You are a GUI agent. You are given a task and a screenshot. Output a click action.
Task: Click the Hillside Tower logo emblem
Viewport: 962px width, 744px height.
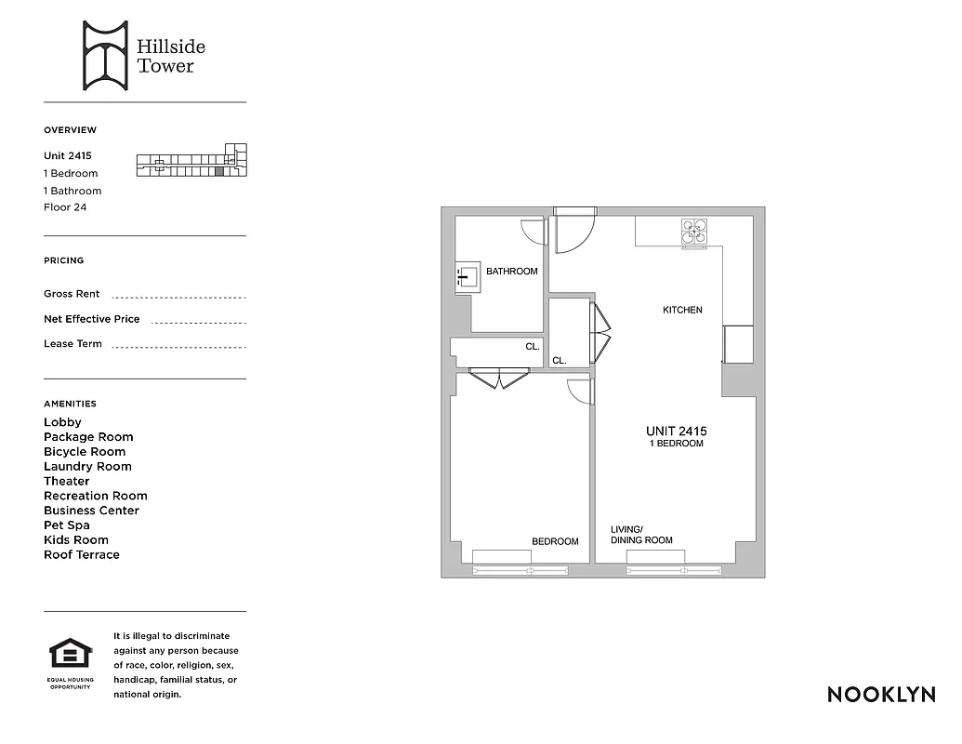pyautogui.click(x=104, y=56)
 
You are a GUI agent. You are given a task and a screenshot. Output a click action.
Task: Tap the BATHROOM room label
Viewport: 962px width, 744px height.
pyautogui.click(x=511, y=272)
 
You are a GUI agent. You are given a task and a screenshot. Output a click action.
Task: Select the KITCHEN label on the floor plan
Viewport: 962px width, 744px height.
pyautogui.click(x=682, y=310)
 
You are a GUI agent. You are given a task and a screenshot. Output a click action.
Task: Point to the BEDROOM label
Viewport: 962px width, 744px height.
pyautogui.click(x=555, y=541)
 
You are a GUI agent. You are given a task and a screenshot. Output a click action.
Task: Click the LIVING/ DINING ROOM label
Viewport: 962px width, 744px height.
pyautogui.click(x=641, y=535)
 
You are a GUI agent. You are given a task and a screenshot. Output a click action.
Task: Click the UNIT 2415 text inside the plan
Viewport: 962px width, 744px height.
pyautogui.click(x=676, y=432)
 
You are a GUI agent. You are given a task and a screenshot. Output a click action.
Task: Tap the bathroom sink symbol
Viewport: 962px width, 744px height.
pyautogui.click(x=468, y=277)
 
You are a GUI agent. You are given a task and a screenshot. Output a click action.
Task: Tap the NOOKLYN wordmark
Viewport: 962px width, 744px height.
pyautogui.click(x=880, y=695)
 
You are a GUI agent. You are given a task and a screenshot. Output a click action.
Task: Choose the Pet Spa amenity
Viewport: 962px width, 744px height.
pyautogui.click(x=69, y=525)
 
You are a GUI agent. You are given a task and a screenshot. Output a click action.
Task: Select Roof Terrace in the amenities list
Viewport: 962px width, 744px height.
pyautogui.click(x=82, y=555)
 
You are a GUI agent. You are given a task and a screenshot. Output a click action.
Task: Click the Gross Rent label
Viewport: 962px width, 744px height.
pyautogui.click(x=72, y=294)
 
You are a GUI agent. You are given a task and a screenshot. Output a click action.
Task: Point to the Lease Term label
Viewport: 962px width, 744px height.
pyautogui.click(x=72, y=344)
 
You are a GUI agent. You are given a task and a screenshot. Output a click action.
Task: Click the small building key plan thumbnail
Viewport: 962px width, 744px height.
pyautogui.click(x=192, y=161)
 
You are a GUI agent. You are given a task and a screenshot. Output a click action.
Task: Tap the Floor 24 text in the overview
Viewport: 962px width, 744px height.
pyautogui.click(x=65, y=207)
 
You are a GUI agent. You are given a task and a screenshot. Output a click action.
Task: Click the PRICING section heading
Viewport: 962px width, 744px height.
pyautogui.click(x=63, y=260)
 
